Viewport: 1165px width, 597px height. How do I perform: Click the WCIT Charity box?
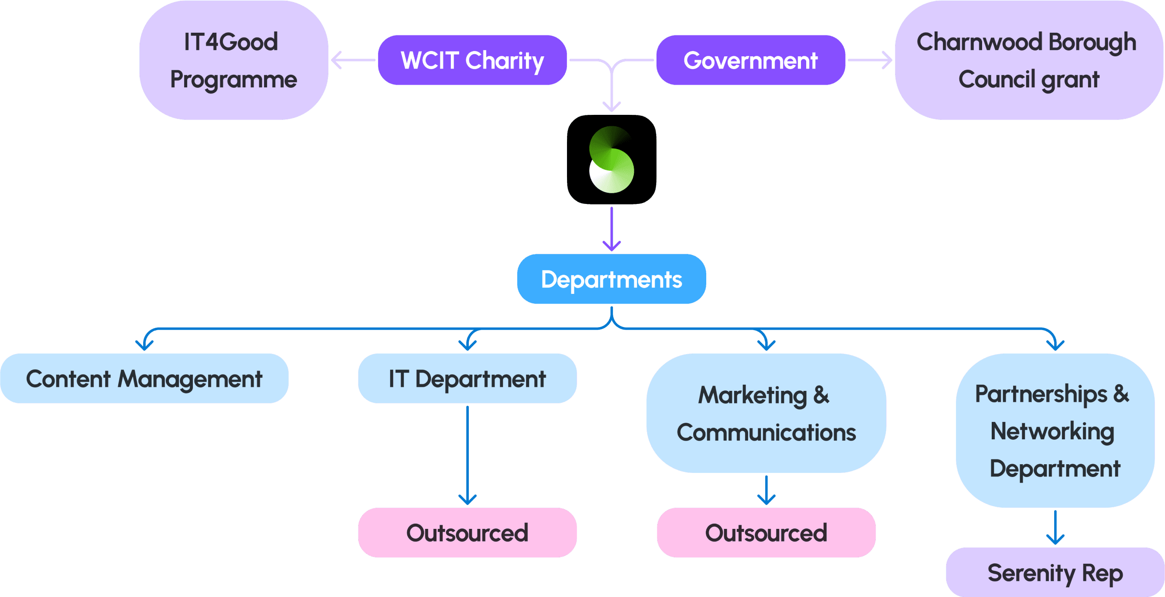pos(472,60)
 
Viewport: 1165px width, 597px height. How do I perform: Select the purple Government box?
pos(750,60)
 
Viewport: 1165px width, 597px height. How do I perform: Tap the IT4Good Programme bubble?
pos(234,60)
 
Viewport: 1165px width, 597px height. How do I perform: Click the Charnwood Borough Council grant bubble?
pos(1029,60)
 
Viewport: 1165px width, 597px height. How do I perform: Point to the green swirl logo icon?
pos(612,159)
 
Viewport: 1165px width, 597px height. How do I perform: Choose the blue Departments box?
pos(612,279)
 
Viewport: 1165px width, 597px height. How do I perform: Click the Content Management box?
pos(144,378)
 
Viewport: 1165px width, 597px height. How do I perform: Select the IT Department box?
pos(467,378)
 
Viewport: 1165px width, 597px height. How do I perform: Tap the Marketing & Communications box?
pos(766,413)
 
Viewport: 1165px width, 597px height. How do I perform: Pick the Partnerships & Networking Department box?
pos(1055,431)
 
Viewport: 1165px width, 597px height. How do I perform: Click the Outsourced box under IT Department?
pos(467,532)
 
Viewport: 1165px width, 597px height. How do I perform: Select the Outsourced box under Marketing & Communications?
pos(766,532)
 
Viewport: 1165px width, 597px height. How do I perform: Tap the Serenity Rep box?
pos(1055,573)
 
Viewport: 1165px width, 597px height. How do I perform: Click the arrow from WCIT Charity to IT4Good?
pos(353,60)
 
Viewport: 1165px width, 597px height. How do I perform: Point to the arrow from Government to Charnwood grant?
pos(869,60)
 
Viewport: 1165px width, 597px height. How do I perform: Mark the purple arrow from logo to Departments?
pos(612,228)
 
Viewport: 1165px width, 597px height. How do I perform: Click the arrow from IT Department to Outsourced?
pos(467,455)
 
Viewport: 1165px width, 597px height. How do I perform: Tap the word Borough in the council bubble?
pos(1092,42)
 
